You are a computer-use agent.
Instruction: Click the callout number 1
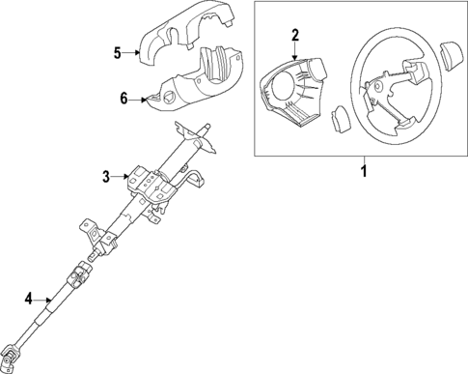[364, 173]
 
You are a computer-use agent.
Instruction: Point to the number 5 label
[117, 52]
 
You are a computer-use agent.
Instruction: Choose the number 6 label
[123, 98]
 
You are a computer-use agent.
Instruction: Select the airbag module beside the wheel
[292, 93]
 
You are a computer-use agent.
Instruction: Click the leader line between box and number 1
[364, 160]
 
